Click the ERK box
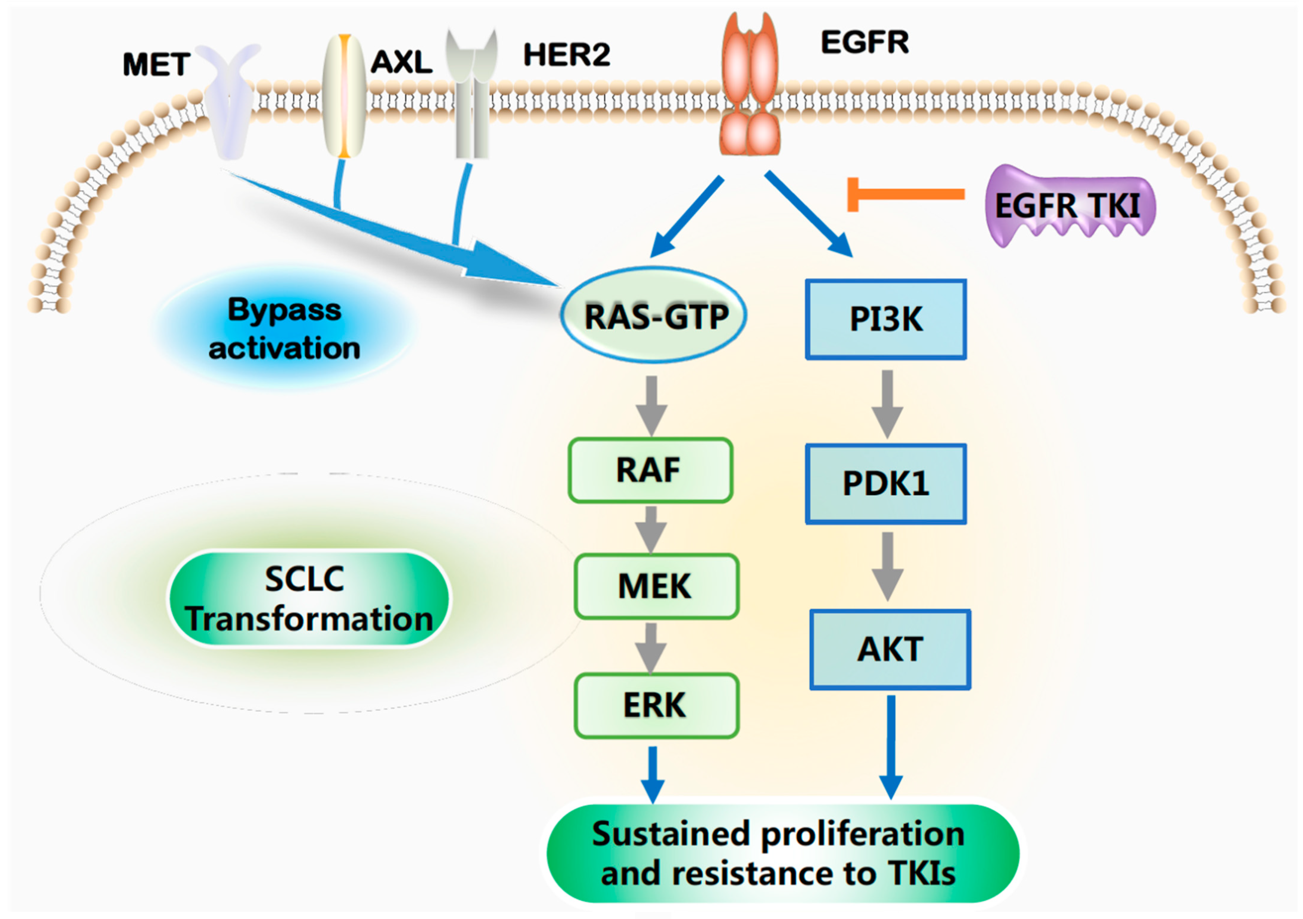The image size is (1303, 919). (656, 705)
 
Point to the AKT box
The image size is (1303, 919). (890, 650)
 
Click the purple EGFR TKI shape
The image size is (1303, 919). (1070, 205)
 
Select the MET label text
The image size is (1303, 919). (156, 65)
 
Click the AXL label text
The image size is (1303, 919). (401, 61)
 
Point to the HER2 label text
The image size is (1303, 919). (566, 55)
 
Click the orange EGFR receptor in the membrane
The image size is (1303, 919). (749, 85)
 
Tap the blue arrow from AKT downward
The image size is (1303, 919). (891, 746)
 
